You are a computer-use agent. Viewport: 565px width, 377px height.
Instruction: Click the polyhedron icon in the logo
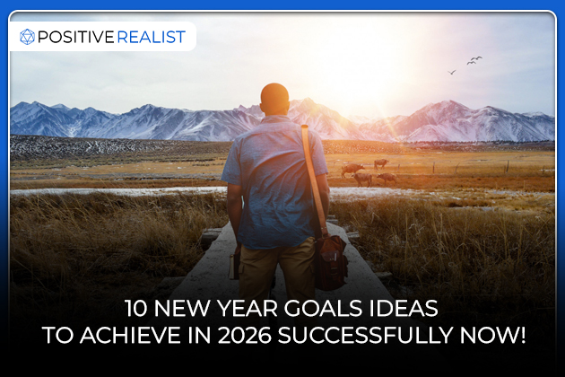click(27, 37)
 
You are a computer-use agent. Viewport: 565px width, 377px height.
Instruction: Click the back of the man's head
click(274, 98)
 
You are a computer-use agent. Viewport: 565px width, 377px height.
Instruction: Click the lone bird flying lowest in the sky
click(452, 72)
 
